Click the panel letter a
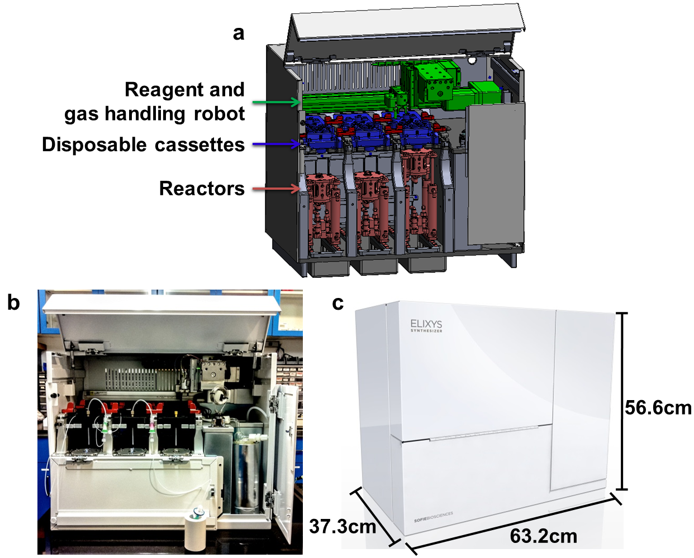tap(239, 33)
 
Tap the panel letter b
tap(13, 302)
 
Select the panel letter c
tap(338, 304)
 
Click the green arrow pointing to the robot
tap(277, 102)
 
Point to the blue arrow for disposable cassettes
tap(277, 144)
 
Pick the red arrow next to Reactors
tap(277, 188)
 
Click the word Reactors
tap(202, 188)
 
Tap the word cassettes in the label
tap(199, 145)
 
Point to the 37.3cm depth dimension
tap(343, 526)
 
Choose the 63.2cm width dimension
tap(543, 536)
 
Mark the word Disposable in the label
tap(94, 145)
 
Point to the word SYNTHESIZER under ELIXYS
tap(426, 330)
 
